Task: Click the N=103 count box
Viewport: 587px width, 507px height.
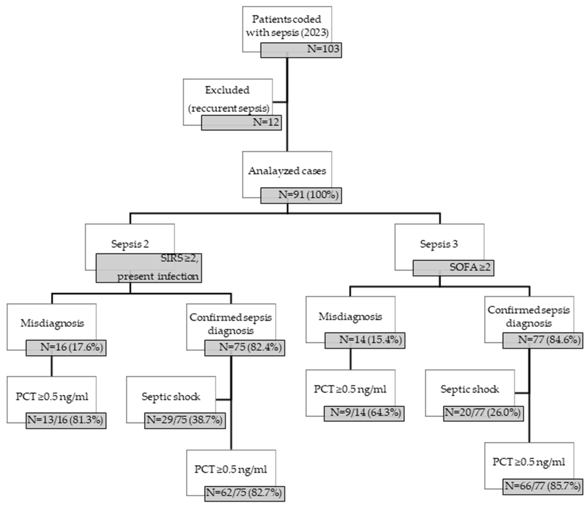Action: coord(301,50)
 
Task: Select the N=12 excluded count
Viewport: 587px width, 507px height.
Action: coord(241,123)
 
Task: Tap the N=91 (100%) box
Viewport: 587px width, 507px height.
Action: coord(301,195)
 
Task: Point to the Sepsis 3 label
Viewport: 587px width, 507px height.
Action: coord(439,244)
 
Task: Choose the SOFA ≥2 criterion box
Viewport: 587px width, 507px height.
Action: coord(453,268)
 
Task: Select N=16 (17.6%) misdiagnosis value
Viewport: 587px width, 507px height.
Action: coord(66,347)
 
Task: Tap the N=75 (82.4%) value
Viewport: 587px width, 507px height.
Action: coord(245,347)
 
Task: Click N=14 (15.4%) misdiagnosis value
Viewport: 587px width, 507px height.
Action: coord(365,340)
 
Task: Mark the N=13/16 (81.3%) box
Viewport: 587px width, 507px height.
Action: coord(66,420)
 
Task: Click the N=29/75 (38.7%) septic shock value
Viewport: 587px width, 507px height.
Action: coord(185,420)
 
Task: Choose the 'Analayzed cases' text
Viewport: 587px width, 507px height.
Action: coord(287,171)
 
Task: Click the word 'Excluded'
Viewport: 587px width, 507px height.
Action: coord(227,90)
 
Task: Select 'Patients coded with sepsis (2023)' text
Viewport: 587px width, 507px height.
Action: coord(287,26)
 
